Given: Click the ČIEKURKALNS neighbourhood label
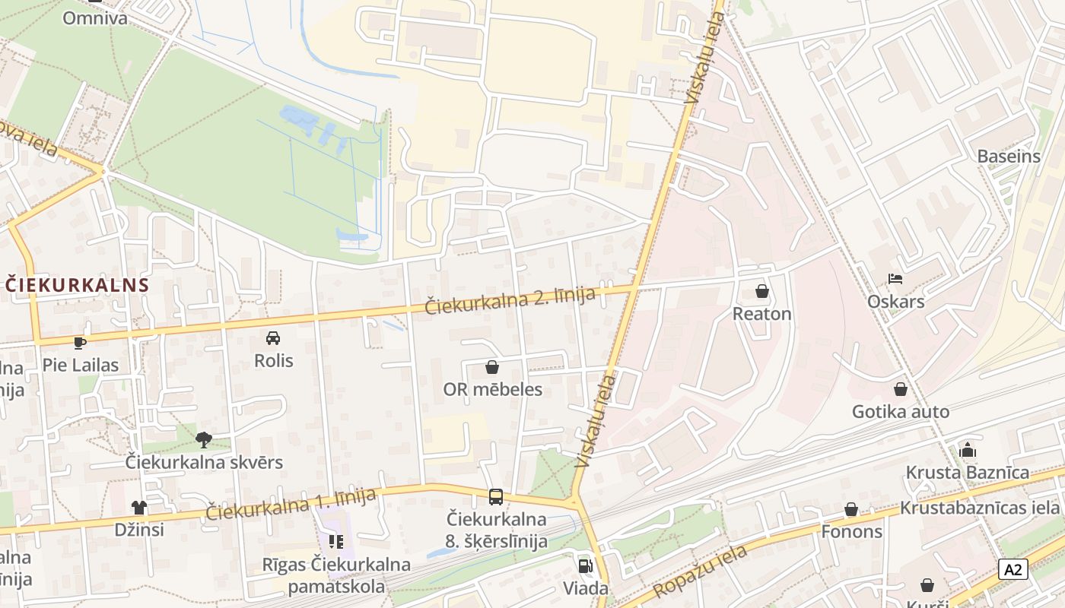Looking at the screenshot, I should (x=77, y=285).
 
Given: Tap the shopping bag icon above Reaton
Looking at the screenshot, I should (x=761, y=291).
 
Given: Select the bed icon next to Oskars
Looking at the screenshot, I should (x=895, y=279).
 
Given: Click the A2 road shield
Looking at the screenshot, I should (x=1013, y=569).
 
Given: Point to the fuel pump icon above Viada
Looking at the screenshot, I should (x=585, y=565).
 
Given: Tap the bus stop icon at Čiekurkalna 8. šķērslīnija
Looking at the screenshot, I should (x=496, y=497).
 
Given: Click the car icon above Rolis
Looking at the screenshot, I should (x=273, y=337).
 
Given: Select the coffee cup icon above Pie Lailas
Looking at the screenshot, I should (x=80, y=342).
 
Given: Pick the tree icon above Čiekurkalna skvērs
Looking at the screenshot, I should (x=203, y=439).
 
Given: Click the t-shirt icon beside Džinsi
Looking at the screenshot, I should (x=138, y=507).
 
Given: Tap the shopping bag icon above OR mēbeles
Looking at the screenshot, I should (x=492, y=367).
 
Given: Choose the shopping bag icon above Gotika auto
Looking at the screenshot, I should (x=901, y=389).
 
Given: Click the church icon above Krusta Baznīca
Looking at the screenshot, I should (x=968, y=450).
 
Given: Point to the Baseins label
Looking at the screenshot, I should (x=1009, y=157).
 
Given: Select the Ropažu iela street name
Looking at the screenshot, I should (x=699, y=572).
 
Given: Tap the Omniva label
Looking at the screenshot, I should (x=95, y=17).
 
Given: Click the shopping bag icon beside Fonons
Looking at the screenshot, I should (x=851, y=509).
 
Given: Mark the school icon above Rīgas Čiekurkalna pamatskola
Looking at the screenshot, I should (x=336, y=542).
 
